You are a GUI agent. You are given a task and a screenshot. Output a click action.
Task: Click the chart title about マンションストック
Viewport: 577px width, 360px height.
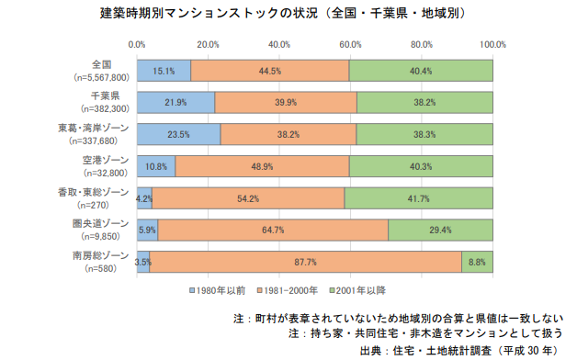(x=282, y=15)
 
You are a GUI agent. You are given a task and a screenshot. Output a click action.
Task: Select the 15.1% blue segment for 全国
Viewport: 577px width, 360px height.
(x=164, y=71)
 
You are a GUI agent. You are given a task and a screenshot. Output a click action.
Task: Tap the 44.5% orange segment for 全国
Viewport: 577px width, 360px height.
(x=269, y=71)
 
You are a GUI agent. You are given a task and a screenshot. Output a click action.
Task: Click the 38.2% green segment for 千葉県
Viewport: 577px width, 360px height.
(x=424, y=102)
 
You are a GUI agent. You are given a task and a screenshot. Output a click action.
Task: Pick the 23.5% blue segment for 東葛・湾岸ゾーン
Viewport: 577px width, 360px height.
(x=178, y=134)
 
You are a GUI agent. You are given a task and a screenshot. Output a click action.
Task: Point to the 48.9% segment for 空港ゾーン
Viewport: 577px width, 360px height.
(x=262, y=166)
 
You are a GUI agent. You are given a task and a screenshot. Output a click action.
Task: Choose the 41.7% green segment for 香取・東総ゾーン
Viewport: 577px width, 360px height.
(x=418, y=197)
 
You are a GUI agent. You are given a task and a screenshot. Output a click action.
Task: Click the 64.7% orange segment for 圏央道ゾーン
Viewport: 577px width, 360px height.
(x=272, y=230)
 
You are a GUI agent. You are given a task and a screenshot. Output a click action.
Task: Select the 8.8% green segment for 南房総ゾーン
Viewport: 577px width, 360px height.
(x=477, y=262)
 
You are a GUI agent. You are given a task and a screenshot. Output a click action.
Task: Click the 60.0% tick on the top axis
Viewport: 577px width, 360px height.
(x=350, y=43)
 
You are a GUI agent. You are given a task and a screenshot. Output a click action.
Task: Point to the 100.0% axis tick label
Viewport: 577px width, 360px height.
(x=492, y=43)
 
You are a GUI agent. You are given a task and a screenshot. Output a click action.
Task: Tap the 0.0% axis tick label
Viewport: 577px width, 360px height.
(x=137, y=43)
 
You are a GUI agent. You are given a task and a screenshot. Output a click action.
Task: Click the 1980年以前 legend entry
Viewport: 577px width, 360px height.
(x=219, y=290)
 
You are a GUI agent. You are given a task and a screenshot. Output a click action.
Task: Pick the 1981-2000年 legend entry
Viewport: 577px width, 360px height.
(x=287, y=290)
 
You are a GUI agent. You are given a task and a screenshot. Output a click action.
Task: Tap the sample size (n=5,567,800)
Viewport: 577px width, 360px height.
(x=95, y=77)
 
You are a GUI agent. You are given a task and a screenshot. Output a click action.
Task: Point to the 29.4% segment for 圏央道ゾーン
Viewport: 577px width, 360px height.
(x=440, y=230)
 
